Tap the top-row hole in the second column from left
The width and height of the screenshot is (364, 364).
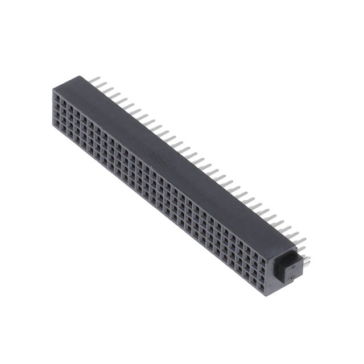tap(62, 103)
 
